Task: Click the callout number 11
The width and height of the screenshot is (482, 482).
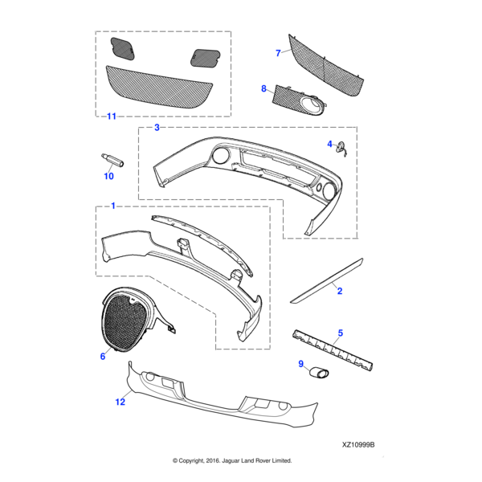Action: (111, 116)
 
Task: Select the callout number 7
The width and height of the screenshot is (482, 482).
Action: (278, 53)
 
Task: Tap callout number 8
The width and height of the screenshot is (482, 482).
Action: (263, 88)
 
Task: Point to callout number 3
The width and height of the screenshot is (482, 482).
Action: (157, 128)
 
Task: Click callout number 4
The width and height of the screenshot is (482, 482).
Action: (329, 144)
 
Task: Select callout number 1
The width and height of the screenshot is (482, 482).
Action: (112, 206)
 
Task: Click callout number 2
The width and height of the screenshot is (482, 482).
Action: (340, 291)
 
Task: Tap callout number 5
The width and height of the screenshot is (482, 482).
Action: (340, 332)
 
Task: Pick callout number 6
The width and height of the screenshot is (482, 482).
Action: (103, 356)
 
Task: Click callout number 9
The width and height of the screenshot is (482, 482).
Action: (302, 364)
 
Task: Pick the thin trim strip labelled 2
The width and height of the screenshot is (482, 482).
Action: (326, 279)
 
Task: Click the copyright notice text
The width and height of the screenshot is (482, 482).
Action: (232, 460)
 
